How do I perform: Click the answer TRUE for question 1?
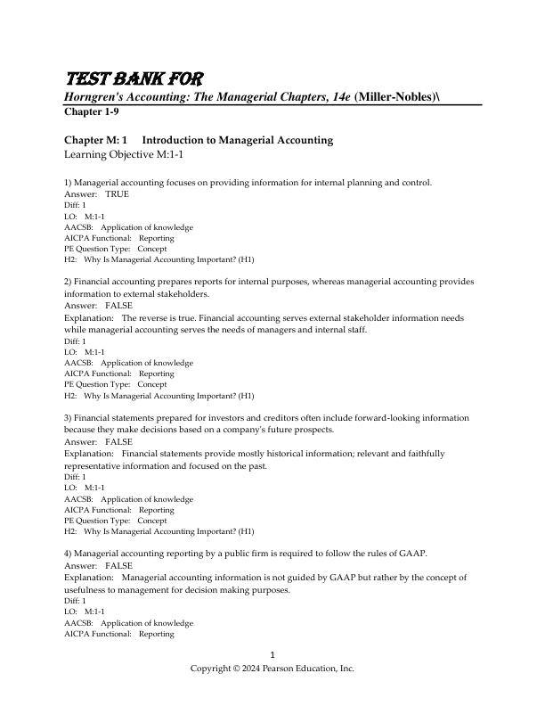(x=117, y=193)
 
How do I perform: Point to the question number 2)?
(x=68, y=282)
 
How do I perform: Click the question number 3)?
(x=68, y=418)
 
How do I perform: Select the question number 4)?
(x=68, y=554)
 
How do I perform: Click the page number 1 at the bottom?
(x=272, y=654)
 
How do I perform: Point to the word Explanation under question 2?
(x=89, y=317)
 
